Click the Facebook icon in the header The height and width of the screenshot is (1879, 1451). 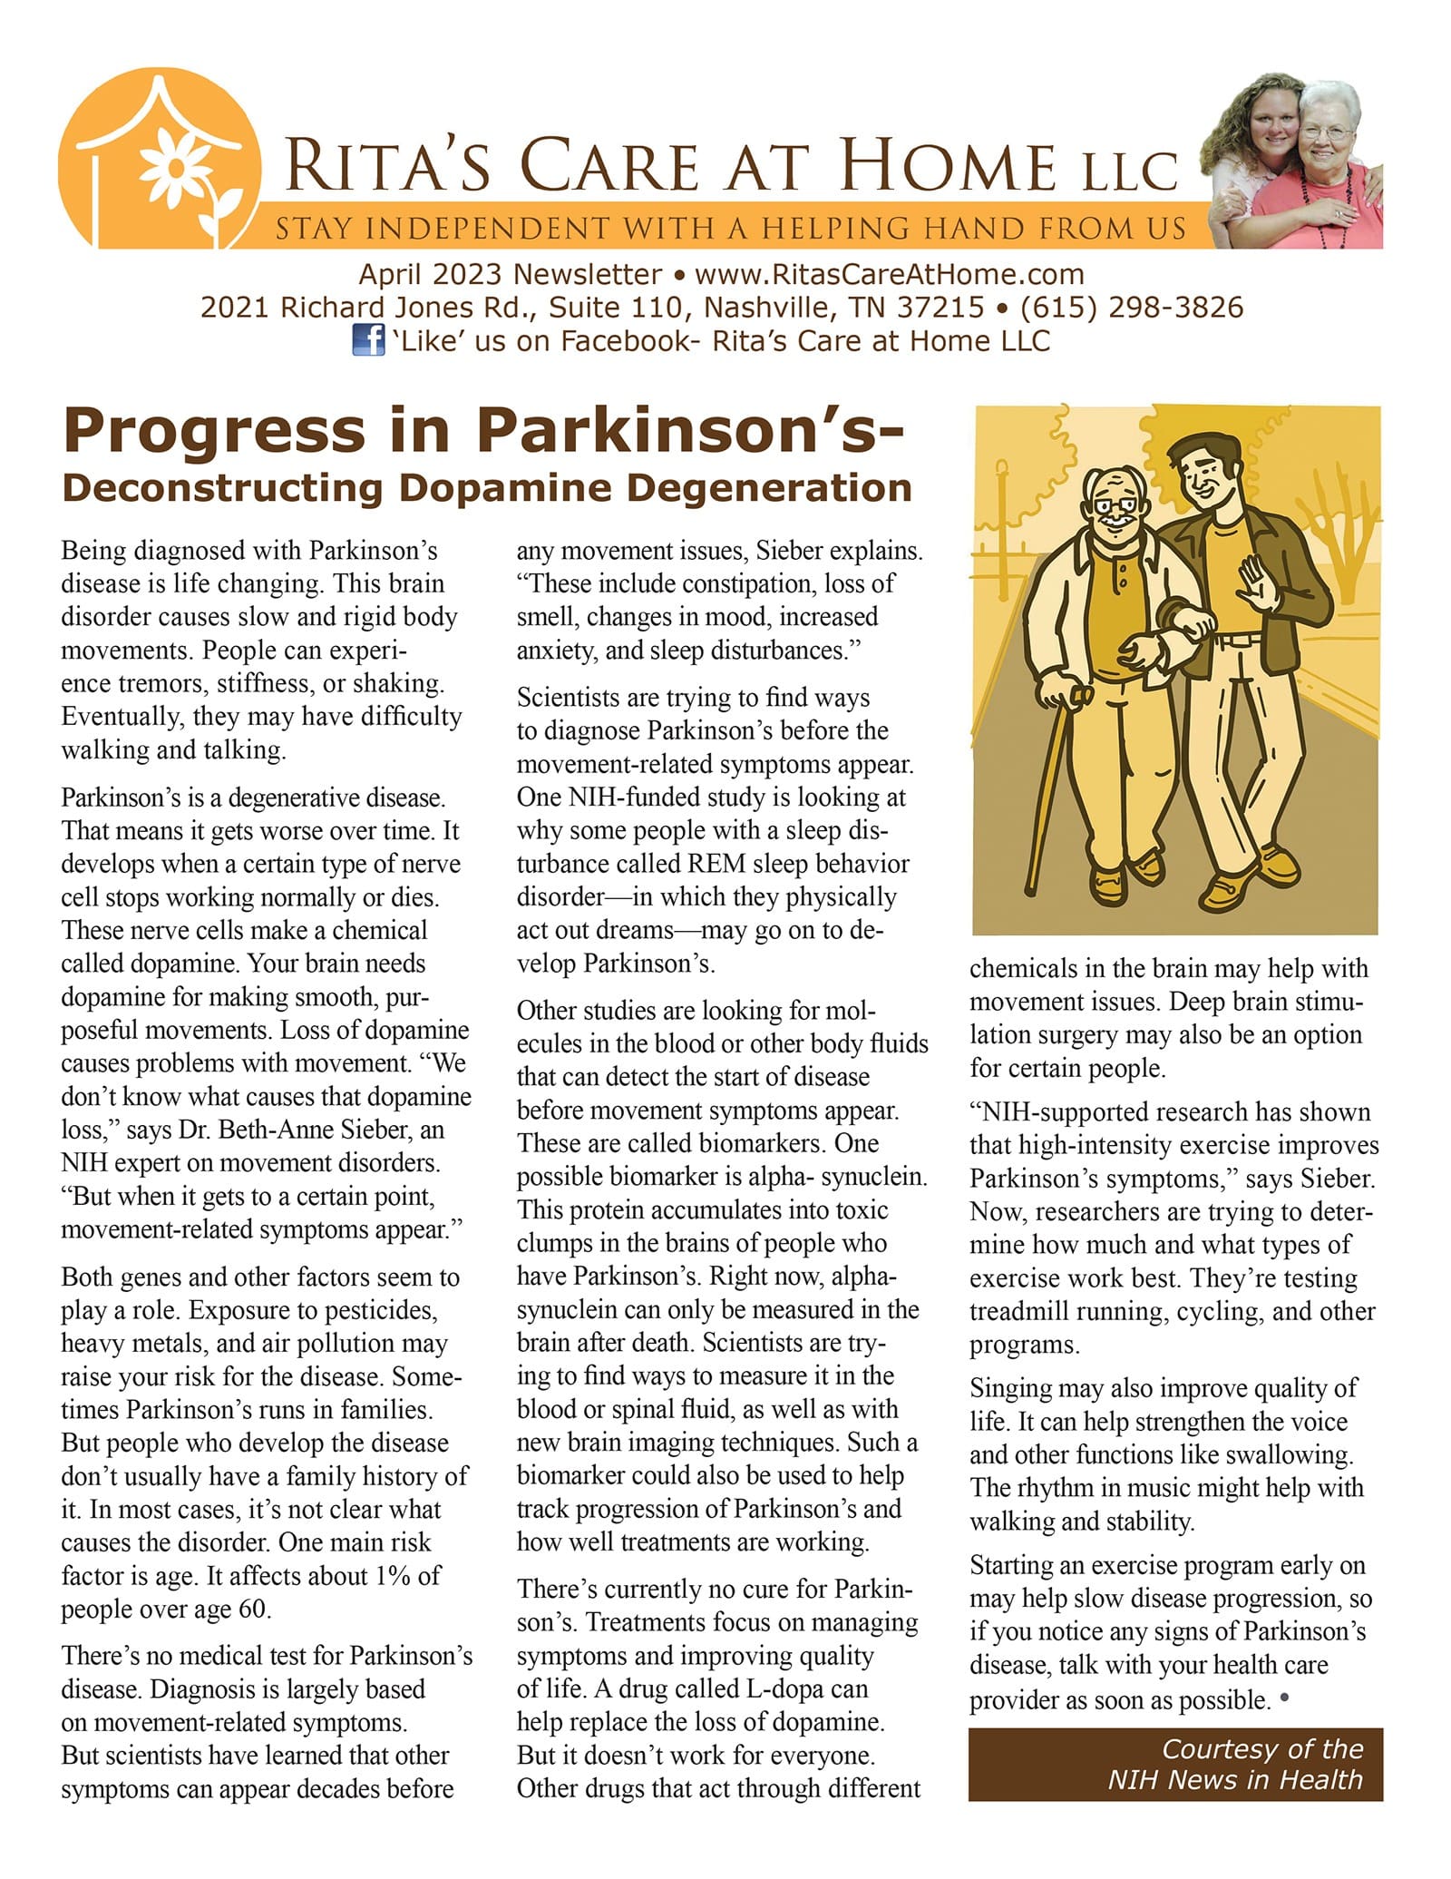coord(367,341)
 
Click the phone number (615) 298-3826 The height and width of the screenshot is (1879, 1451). coord(1131,308)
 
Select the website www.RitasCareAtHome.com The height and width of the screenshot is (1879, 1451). coord(889,274)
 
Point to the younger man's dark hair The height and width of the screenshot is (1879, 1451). coord(1203,449)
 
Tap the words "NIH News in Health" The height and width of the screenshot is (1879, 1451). coord(1234,1779)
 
